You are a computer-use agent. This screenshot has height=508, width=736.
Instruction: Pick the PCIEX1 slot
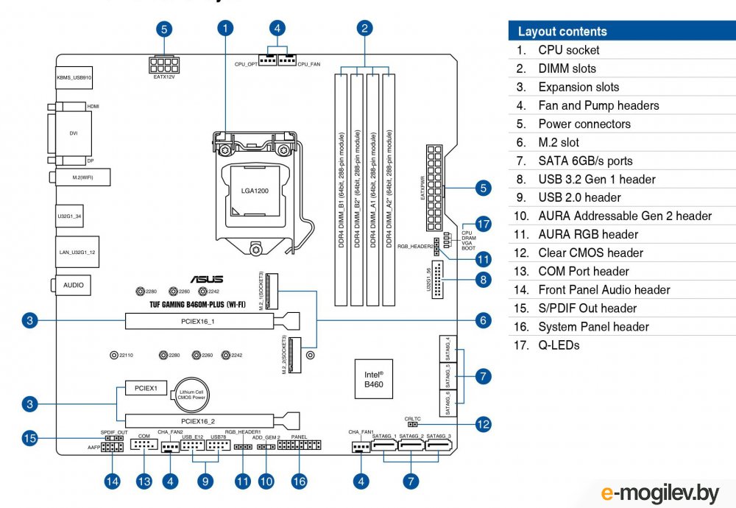tap(141, 387)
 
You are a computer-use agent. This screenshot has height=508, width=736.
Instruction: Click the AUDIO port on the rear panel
tap(74, 284)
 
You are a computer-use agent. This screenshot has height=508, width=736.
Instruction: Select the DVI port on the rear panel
tap(74, 133)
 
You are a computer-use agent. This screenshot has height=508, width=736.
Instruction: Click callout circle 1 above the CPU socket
tap(226, 29)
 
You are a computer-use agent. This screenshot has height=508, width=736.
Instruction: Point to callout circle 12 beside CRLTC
tap(483, 424)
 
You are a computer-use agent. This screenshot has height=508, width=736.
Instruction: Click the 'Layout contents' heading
tap(562, 32)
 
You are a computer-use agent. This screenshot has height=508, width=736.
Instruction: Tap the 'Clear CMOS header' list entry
tap(590, 253)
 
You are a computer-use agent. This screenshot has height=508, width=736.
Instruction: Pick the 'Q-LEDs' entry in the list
tap(559, 345)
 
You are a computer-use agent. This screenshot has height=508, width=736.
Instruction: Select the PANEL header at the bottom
tap(299, 446)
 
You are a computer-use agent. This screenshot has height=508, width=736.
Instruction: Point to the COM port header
tap(144, 445)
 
